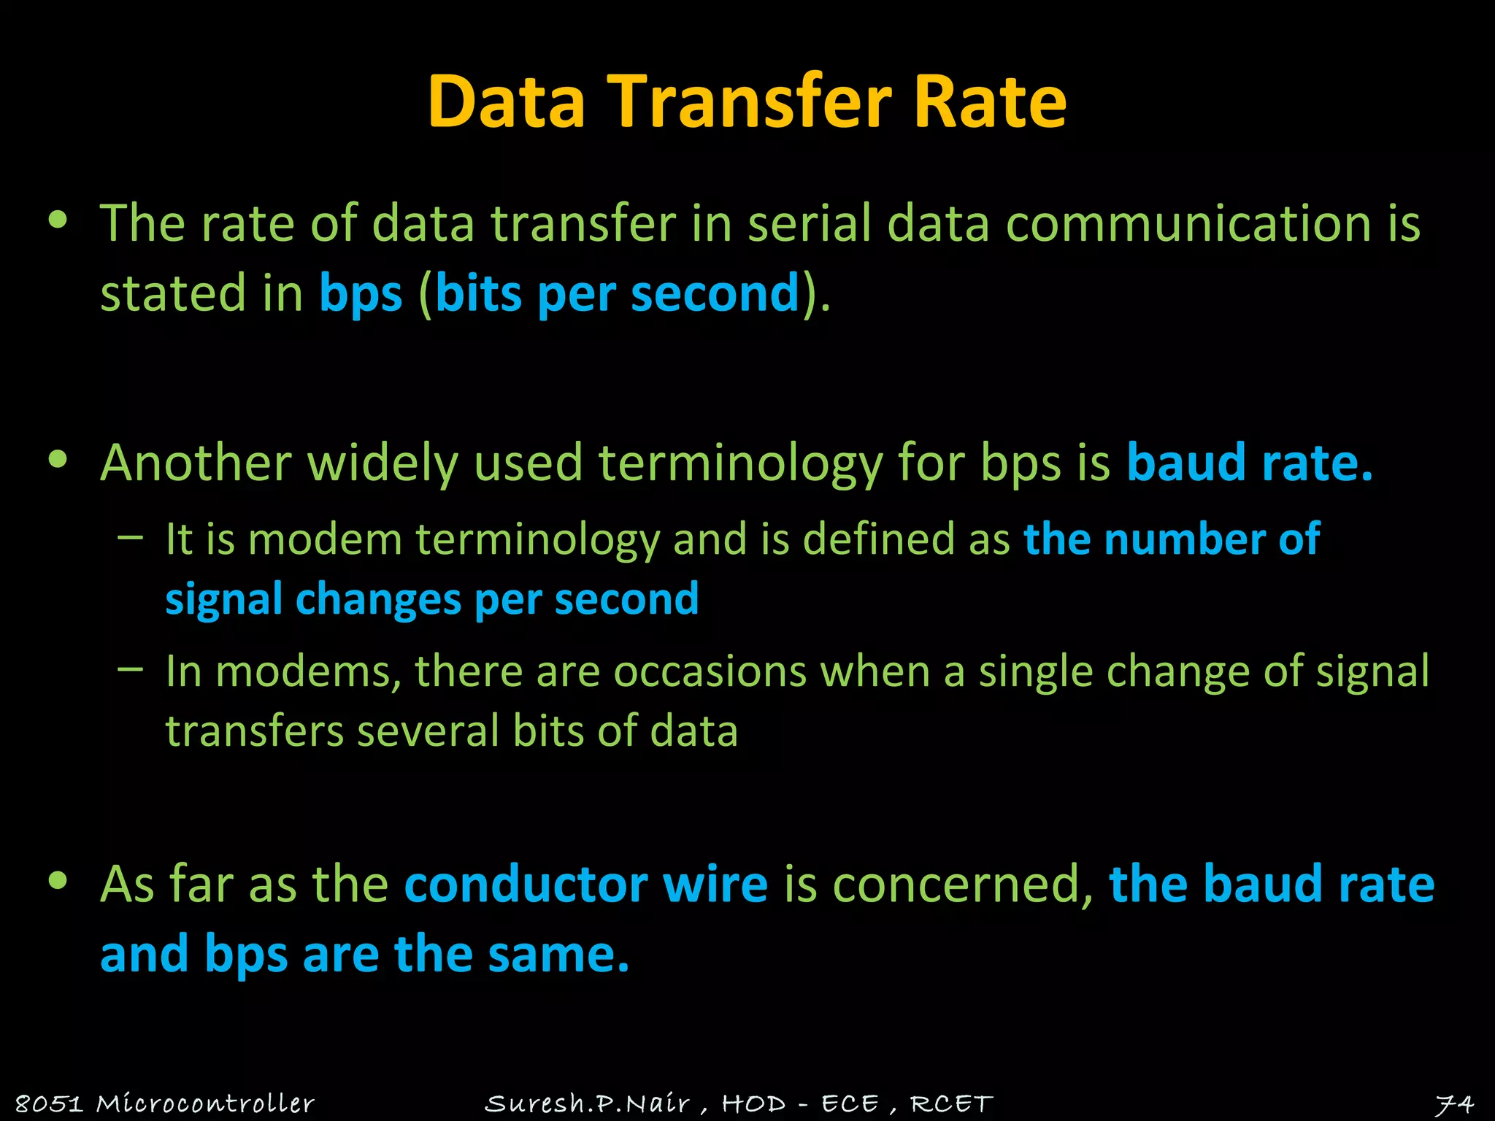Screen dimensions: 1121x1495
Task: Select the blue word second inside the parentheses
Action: (x=715, y=293)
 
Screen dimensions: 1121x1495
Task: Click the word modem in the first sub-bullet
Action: (x=325, y=540)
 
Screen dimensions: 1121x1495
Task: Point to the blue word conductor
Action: (x=525, y=885)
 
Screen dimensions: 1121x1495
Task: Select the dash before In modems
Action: (x=130, y=669)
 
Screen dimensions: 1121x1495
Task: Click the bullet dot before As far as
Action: (x=58, y=881)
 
